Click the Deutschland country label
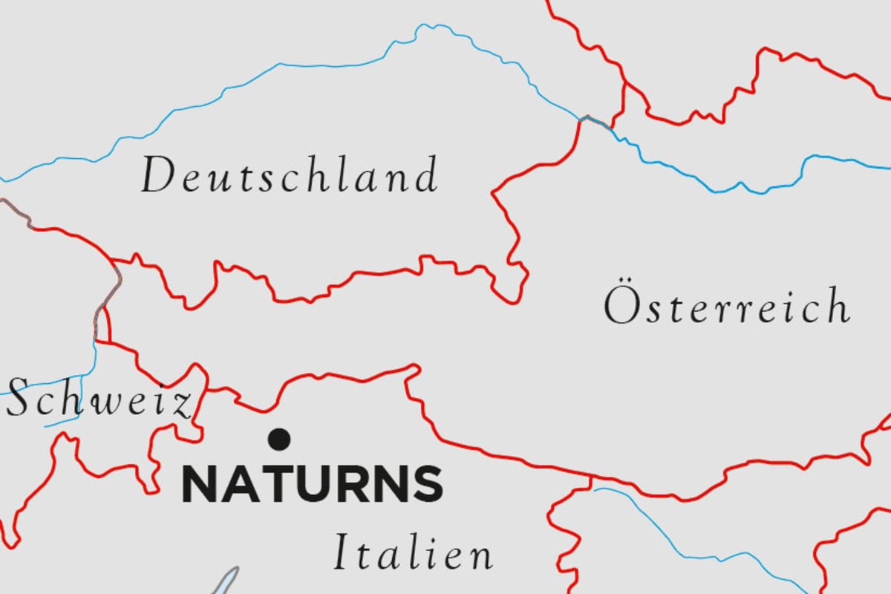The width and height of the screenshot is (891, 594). click(290, 176)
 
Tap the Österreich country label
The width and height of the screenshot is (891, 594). click(726, 307)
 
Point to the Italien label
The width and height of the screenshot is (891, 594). click(413, 554)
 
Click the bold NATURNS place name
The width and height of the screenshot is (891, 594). click(313, 483)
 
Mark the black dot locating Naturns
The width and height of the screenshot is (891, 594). click(280, 439)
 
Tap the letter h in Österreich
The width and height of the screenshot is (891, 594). click(840, 305)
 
